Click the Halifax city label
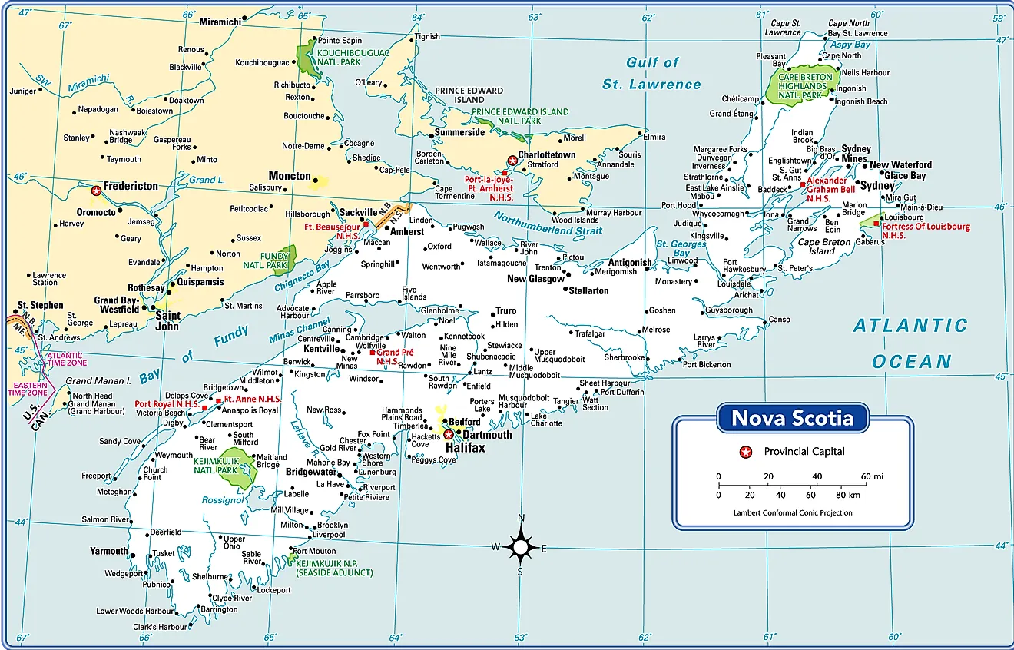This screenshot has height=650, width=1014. pyautogui.click(x=466, y=447)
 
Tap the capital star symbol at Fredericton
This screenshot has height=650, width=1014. pyautogui.click(x=97, y=190)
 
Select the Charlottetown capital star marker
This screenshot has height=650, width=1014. pyautogui.click(x=512, y=161)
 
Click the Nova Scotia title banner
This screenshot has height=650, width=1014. pyautogui.click(x=792, y=418)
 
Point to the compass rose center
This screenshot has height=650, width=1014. pyautogui.click(x=521, y=547)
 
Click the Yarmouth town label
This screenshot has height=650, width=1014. pyautogui.click(x=108, y=551)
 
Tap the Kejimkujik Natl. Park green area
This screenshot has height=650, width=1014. pyautogui.click(x=237, y=470)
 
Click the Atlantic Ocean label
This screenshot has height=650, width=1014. pyautogui.click(x=911, y=343)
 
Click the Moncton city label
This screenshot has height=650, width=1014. pyautogui.click(x=290, y=176)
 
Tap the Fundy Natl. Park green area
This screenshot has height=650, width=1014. pyautogui.click(x=286, y=257)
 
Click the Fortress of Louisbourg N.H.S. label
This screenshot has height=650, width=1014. pyautogui.click(x=925, y=230)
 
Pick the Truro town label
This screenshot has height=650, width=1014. pyautogui.click(x=505, y=311)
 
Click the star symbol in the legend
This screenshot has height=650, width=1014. pyautogui.click(x=744, y=452)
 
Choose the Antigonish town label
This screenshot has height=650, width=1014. pyautogui.click(x=629, y=262)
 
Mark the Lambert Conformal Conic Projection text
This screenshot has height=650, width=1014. pyautogui.click(x=792, y=512)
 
